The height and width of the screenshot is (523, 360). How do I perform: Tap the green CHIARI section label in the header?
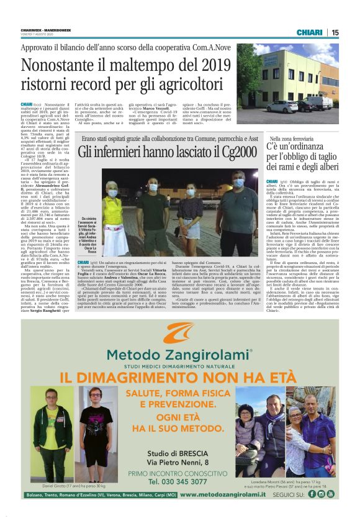click(x=309, y=32)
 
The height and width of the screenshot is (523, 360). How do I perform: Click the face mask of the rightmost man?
click(x=238, y=184)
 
